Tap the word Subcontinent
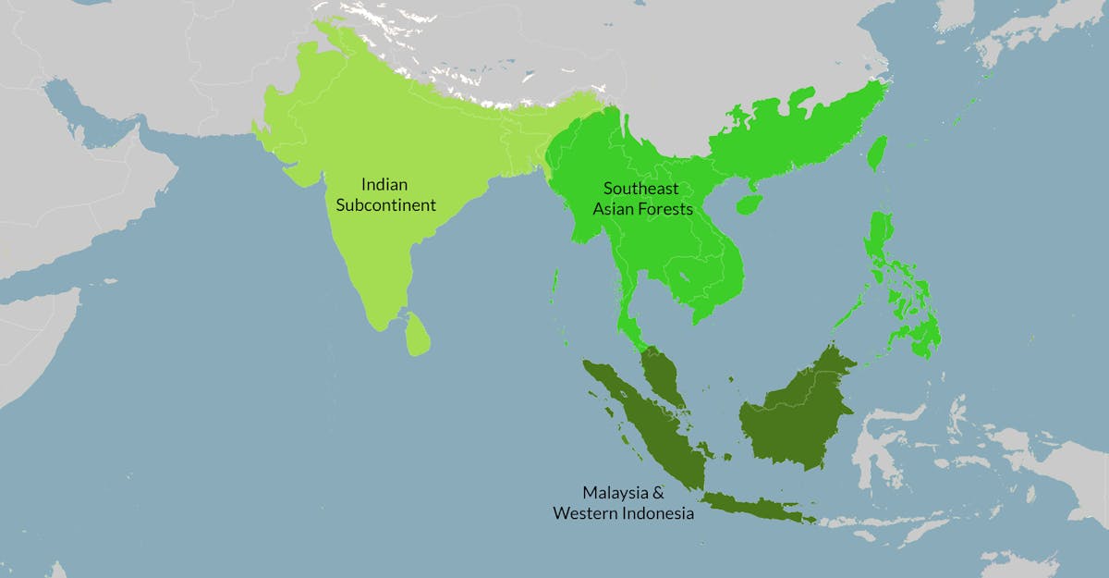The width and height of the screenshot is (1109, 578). tap(385, 204)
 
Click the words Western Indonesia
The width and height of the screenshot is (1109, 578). tap(623, 512)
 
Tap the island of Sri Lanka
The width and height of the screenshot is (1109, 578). tap(418, 335)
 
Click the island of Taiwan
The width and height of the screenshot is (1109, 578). tap(876, 154)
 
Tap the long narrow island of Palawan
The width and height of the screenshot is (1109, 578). tap(850, 310)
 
